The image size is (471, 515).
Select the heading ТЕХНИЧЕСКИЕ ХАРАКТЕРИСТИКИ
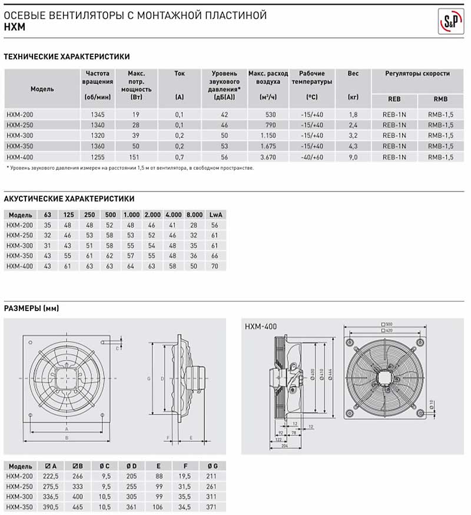pos(67,57)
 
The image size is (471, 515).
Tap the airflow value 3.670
pos(268,157)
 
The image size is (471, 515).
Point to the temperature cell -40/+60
pos(311,157)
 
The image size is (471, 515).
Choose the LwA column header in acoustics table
pos(215,214)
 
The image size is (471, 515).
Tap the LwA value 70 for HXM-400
pos(215,266)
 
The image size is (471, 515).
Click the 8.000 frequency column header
pos(195,214)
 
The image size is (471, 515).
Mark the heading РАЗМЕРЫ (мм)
pos(31,308)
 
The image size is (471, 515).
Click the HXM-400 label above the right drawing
pos(260,326)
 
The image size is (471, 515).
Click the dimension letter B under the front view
pos(67,438)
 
